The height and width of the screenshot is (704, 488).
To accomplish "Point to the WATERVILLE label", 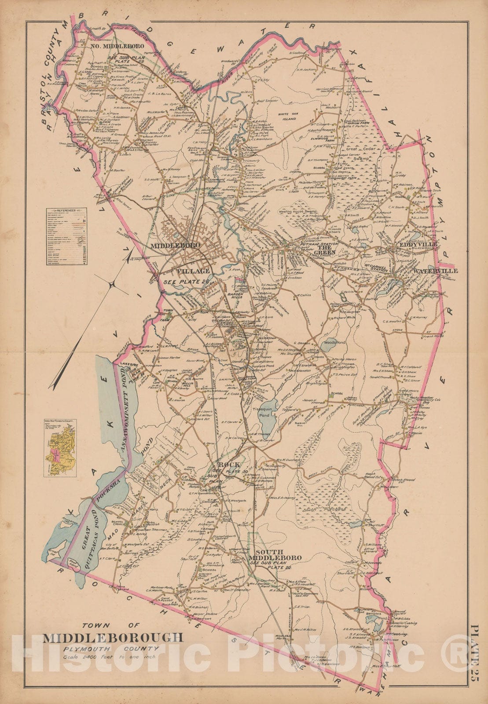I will pyautogui.click(x=435, y=271).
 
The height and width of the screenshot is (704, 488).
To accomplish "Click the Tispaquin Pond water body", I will pyautogui.click(x=268, y=420).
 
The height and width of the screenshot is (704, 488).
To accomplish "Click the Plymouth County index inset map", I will pyautogui.click(x=59, y=449).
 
